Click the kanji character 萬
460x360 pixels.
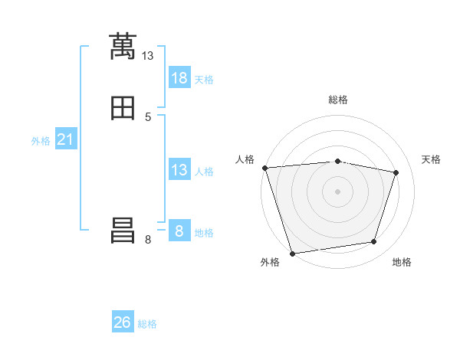coord(123,47)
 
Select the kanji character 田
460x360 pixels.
coord(123,109)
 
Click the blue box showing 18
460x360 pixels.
coord(179,78)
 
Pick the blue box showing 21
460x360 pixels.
coord(66,140)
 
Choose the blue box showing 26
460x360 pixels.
coord(123,322)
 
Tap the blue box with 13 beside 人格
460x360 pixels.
coord(179,170)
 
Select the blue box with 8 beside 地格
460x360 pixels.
coord(179,231)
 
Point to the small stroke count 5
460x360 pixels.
coord(148,117)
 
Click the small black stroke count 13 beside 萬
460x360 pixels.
coord(148,56)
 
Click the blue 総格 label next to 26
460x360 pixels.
coord(147,324)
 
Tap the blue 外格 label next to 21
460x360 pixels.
coord(41,141)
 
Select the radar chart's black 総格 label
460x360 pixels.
coord(337,100)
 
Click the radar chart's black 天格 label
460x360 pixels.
coord(431,159)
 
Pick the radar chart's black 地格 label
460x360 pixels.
coord(402,263)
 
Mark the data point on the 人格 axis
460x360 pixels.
coord(264,168)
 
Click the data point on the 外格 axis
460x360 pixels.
coord(292,253)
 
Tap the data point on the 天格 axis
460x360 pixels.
coord(396,172)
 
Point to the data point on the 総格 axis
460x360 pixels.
coord(337,161)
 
